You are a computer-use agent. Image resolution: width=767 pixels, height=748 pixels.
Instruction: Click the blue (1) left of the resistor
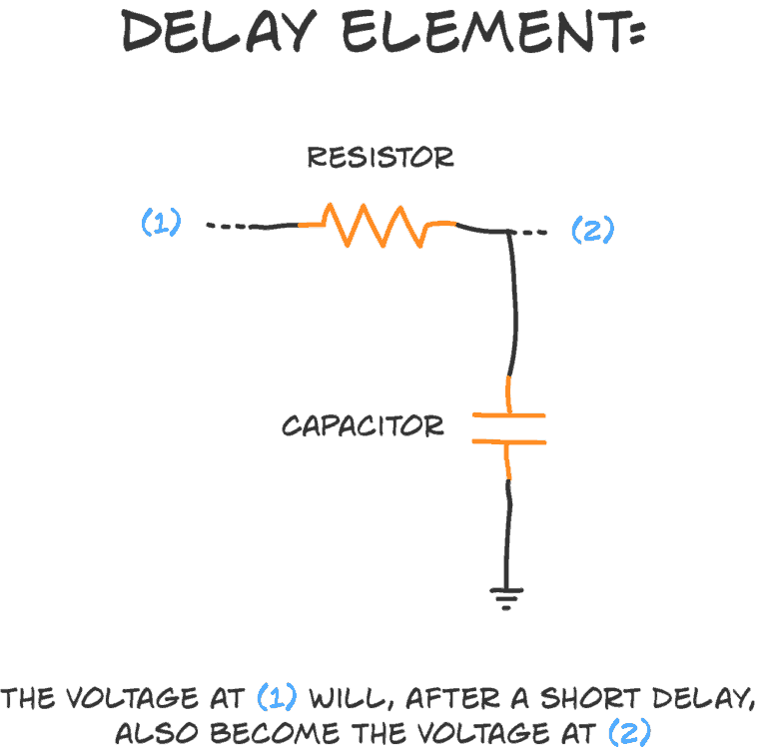point(161,222)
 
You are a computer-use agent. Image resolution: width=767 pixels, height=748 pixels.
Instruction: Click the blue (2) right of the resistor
point(592,230)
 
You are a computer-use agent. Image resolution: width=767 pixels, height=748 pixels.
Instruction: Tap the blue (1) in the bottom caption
point(277,696)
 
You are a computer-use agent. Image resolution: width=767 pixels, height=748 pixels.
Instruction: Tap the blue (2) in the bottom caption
point(629,732)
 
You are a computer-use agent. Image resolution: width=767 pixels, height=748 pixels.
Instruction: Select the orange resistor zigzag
point(378,225)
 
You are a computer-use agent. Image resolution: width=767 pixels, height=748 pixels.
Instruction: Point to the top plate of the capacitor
point(508,414)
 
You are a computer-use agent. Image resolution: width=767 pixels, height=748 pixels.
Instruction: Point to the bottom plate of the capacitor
point(508,439)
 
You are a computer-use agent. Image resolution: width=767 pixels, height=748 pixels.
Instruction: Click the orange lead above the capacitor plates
point(509,393)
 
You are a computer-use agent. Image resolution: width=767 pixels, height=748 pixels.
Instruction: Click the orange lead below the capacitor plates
point(508,460)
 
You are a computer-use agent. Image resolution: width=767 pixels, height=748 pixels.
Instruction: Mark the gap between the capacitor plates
point(508,427)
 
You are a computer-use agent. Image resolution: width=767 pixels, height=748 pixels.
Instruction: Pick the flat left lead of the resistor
point(311,224)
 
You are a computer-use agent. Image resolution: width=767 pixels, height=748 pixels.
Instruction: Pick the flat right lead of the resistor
point(442,224)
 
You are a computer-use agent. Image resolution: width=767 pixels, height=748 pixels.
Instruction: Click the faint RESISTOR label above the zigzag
point(378,157)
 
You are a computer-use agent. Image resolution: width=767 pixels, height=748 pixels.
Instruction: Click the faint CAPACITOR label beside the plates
point(370,426)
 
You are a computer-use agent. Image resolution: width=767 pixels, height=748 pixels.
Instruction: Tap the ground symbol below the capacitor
point(508,599)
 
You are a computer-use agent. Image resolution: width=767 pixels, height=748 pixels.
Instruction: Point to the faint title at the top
point(383,35)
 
